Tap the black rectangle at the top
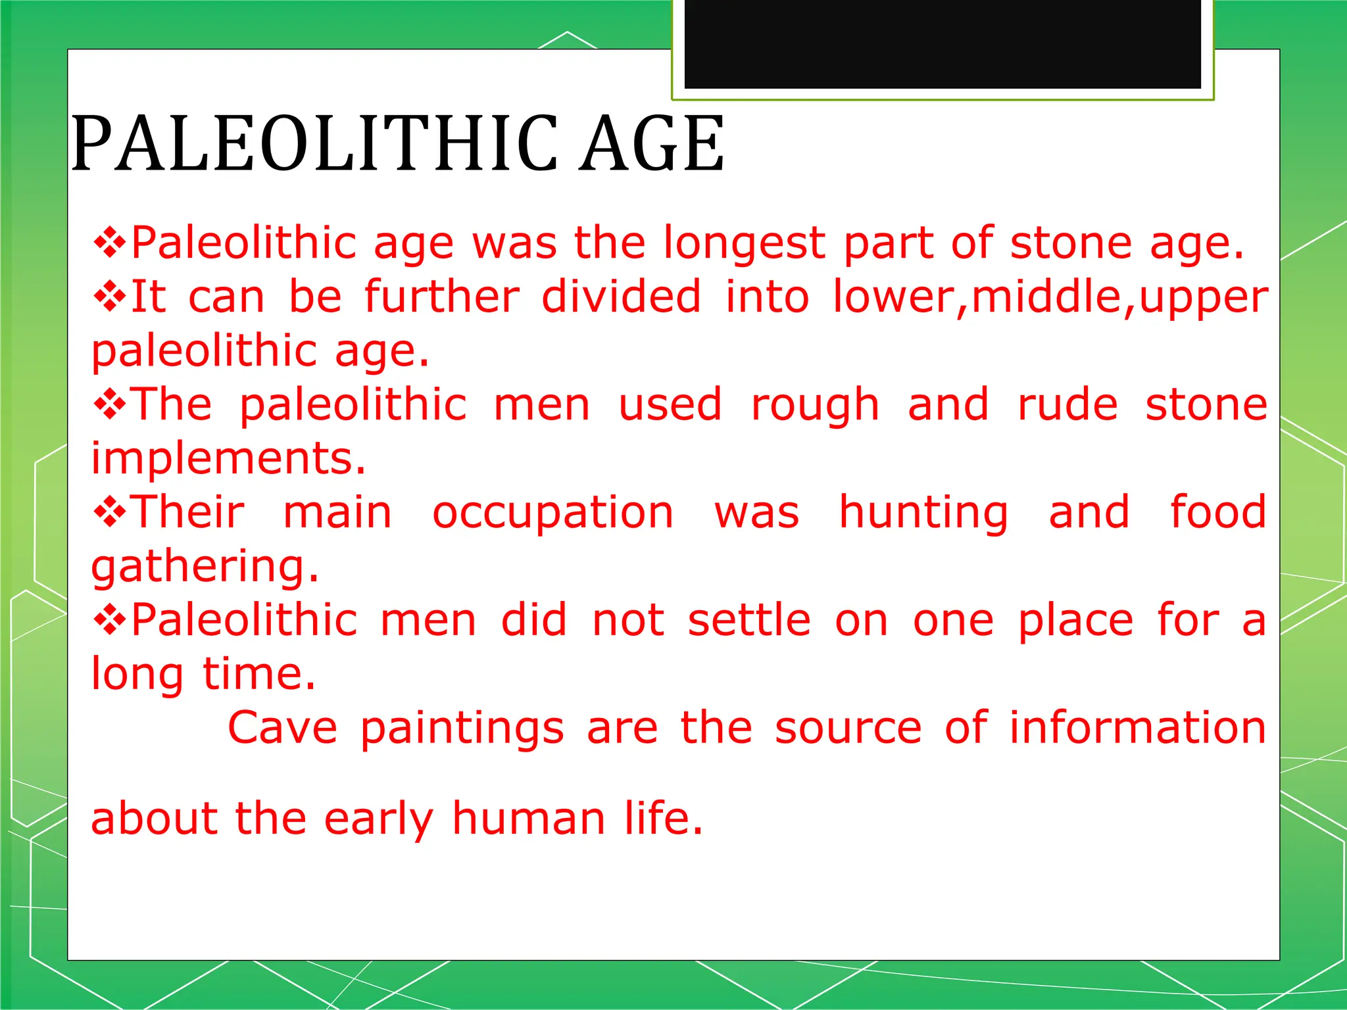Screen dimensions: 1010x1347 click(943, 43)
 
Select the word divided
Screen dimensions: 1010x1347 click(622, 297)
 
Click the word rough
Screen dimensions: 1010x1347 click(815, 406)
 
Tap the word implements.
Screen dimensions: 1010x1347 click(228, 458)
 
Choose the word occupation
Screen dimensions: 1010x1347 click(553, 513)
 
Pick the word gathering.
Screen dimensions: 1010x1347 click(205, 567)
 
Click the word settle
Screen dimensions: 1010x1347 click(749, 620)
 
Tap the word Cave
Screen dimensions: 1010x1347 click(282, 728)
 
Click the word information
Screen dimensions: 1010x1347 click(1138, 728)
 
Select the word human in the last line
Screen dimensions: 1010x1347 click(529, 819)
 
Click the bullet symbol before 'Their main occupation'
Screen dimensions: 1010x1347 click(109, 513)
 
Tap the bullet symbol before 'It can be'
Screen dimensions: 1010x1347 click(109, 297)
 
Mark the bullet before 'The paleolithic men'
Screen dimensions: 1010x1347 click(109, 405)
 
